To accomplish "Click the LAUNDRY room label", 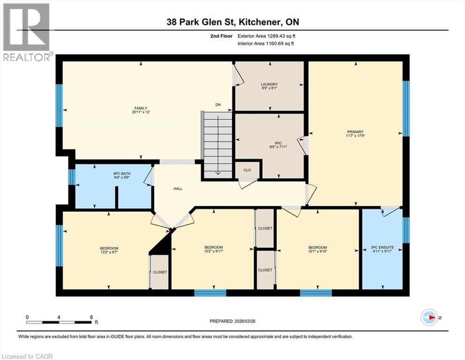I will (x=269, y=84).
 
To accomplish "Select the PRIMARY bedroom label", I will (x=355, y=132).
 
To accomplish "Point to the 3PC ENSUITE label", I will (x=382, y=247).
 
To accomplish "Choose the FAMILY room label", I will (x=140, y=108).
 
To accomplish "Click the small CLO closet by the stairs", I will (x=247, y=171).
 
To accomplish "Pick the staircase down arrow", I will (x=218, y=172).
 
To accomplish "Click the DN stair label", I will (x=218, y=105).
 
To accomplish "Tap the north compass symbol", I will (x=429, y=317).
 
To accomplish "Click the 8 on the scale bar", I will (x=90, y=317).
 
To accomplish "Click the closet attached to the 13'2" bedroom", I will (x=160, y=272).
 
